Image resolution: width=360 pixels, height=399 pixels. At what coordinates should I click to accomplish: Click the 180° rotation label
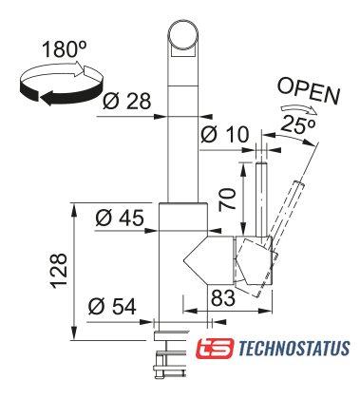64,48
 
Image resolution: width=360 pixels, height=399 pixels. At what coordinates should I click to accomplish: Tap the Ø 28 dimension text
127,102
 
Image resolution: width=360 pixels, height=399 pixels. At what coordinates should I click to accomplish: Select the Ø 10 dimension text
225,134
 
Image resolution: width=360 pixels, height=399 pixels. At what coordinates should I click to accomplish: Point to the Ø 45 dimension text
120,218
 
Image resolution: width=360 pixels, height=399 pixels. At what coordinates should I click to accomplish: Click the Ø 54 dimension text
112,306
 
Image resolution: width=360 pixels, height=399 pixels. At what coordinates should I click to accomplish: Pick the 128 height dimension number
59,271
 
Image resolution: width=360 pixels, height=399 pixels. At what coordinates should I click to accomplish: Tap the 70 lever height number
228,199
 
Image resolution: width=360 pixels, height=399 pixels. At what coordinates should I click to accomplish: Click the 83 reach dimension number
223,297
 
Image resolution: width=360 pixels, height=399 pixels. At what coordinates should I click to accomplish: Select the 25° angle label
297,125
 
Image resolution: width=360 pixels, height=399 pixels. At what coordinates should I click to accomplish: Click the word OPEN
309,91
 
